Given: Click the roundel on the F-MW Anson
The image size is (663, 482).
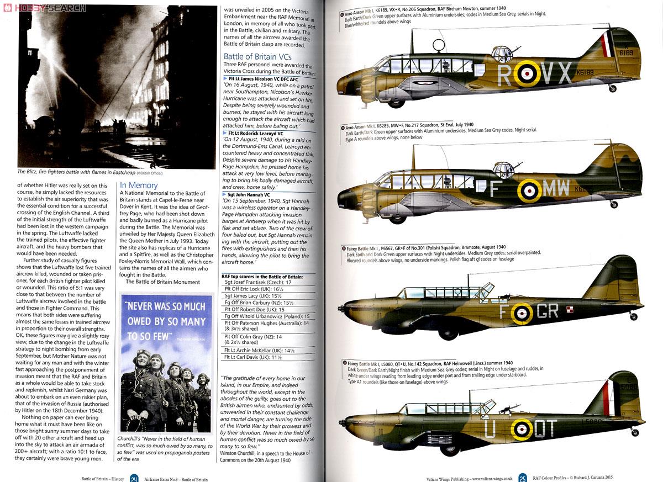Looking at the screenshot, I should [x=529, y=190].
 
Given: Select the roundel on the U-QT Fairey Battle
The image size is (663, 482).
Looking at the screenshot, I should [x=521, y=428].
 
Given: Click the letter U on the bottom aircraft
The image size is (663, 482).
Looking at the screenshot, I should [x=490, y=429].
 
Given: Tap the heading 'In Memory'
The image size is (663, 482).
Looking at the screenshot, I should [x=139, y=185].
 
